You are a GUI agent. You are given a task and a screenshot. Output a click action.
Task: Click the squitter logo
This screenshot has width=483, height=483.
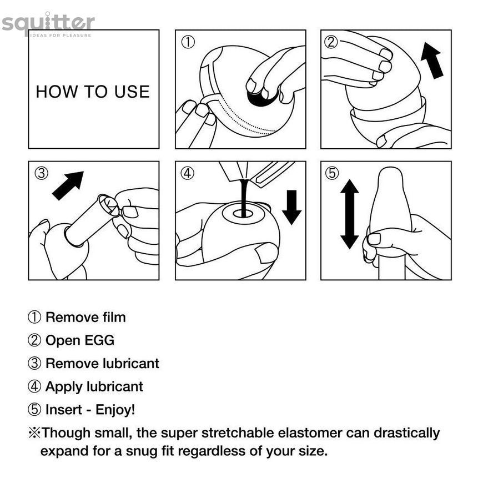[48, 24]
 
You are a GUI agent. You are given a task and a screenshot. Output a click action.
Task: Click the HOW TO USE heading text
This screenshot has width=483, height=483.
[93, 92]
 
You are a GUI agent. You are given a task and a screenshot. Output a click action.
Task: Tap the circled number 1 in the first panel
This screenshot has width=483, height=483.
[188, 42]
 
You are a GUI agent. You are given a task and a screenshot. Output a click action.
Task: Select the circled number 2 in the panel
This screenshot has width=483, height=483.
[331, 42]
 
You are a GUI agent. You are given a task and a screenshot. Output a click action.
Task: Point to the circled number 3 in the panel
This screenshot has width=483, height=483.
[42, 173]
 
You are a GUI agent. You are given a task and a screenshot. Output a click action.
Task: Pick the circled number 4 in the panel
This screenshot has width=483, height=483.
[188, 173]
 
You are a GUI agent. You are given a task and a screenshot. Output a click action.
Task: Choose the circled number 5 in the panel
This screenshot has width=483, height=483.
[332, 173]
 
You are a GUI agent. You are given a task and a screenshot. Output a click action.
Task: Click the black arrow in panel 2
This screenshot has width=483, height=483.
[431, 61]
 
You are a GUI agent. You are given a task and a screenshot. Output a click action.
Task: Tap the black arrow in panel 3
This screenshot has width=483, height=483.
[68, 186]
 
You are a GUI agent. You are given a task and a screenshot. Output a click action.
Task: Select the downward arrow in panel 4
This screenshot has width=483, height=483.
[291, 207]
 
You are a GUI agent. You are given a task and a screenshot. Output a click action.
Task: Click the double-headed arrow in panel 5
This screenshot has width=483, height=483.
[349, 214]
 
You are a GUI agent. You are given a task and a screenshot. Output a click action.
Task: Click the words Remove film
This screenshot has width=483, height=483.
[85, 317]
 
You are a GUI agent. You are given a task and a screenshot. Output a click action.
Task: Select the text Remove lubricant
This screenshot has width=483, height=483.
[102, 364]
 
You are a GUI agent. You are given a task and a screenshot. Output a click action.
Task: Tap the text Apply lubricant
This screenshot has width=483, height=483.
[94, 387]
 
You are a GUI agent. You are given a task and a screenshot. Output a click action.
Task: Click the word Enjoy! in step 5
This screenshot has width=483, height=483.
[115, 410]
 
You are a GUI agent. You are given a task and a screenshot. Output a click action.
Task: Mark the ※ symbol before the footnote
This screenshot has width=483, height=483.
[34, 433]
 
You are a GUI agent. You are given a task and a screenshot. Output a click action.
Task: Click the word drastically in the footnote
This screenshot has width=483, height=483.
[406, 434]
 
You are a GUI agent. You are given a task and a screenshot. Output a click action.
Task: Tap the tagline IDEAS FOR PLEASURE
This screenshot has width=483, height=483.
[61, 36]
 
